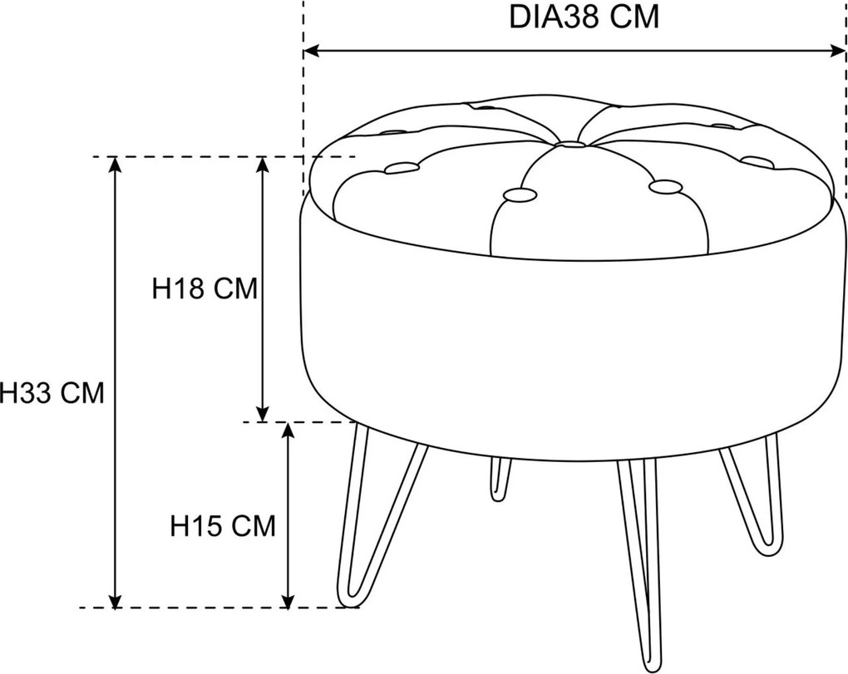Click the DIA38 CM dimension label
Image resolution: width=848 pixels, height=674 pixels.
point(584,17)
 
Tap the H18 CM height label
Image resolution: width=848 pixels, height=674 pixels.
point(205,288)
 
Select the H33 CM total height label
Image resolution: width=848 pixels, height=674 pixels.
point(52,392)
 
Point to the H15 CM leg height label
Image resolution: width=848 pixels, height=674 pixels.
point(223,525)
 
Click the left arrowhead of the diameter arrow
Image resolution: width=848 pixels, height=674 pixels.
point(311,52)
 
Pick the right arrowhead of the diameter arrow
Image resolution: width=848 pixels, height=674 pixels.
point(838,52)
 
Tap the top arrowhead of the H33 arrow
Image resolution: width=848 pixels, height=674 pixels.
point(114,165)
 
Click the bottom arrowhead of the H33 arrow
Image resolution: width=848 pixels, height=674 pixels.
point(114,601)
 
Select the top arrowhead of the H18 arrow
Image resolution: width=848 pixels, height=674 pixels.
point(262,165)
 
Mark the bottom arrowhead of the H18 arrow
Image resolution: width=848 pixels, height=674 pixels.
point(262,414)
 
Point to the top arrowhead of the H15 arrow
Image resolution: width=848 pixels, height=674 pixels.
point(288,430)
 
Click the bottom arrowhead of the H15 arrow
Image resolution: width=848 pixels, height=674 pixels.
point(288,601)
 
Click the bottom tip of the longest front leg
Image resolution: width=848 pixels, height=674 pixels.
point(653,670)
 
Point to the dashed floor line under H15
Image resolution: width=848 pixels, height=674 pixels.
point(219,608)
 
